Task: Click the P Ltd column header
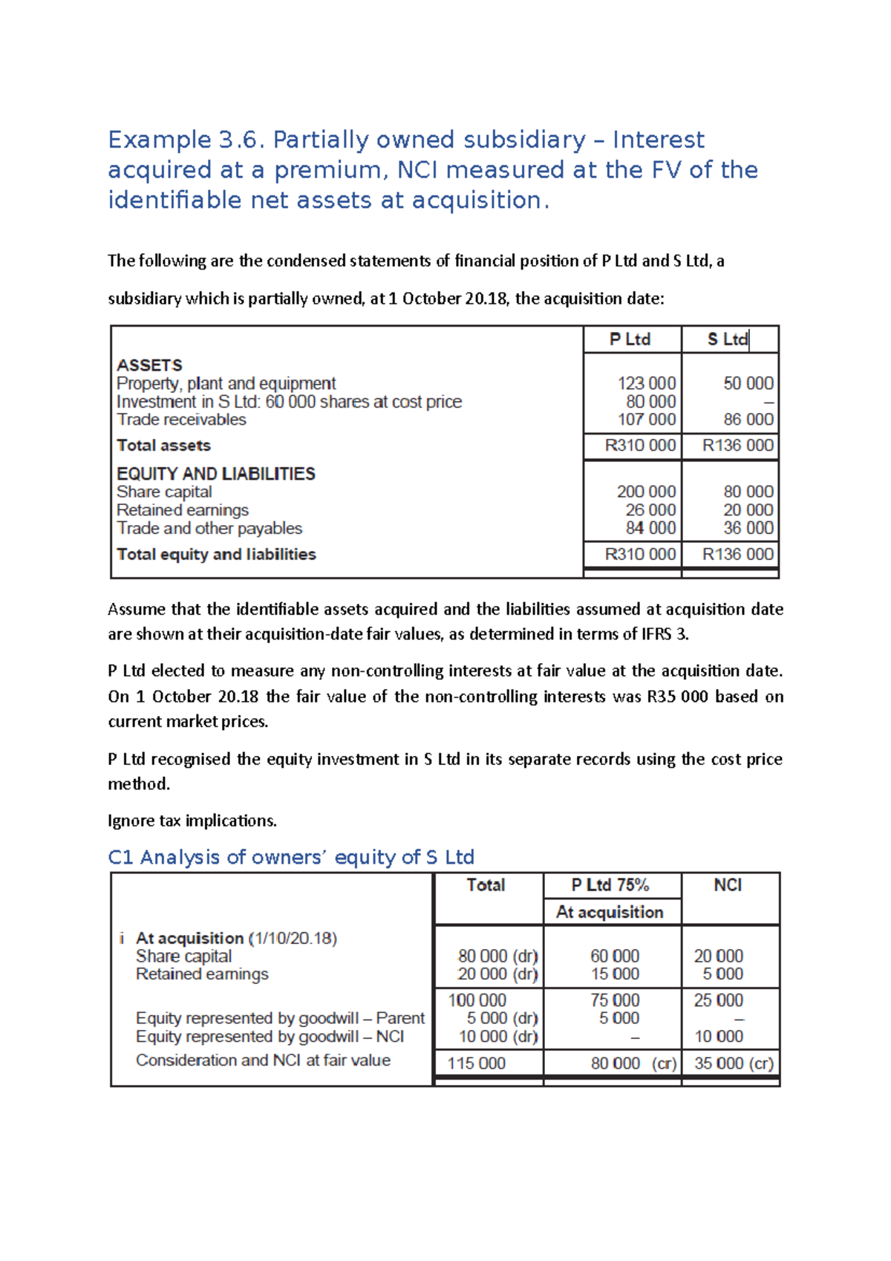click(x=630, y=339)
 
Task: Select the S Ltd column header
click(x=728, y=339)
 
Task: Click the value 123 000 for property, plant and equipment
click(x=646, y=383)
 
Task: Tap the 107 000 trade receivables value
click(x=646, y=420)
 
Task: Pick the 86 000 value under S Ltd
click(x=748, y=420)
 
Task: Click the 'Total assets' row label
click(x=163, y=446)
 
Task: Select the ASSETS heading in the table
click(x=149, y=365)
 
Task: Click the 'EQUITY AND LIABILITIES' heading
click(x=216, y=474)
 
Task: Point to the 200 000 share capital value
click(x=646, y=492)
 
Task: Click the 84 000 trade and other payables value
click(x=650, y=528)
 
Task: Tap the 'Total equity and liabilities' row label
click(x=216, y=555)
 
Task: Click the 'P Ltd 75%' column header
click(x=610, y=885)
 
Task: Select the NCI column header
click(x=728, y=885)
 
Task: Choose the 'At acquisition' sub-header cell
click(x=610, y=913)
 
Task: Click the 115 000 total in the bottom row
click(x=476, y=1063)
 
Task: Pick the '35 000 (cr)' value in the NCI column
click(x=734, y=1063)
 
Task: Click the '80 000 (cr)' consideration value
click(x=633, y=1063)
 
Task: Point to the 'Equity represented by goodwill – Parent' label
click(x=280, y=1018)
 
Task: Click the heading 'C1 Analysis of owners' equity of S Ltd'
click(x=291, y=858)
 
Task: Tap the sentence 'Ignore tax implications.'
click(x=192, y=821)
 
